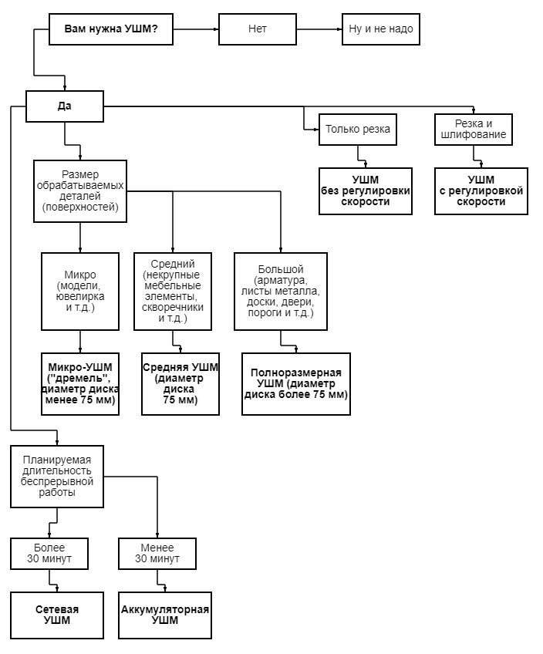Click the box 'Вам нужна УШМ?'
[110, 29]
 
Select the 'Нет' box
[257, 29]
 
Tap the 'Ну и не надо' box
[381, 29]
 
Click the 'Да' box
[64, 106]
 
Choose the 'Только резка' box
[357, 129]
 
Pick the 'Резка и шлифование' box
[473, 129]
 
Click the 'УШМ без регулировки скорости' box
[365, 190]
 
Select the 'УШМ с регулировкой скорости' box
[481, 190]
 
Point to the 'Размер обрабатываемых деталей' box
[79, 190]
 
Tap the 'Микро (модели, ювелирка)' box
[79, 291]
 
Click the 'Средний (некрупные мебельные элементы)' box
[172, 291]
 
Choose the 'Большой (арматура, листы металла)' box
[281, 291]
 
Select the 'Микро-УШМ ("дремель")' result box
[79, 383]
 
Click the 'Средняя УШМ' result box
[180, 383]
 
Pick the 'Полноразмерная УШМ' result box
[295, 383]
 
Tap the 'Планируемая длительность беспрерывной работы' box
[56, 476]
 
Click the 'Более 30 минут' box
[49, 553]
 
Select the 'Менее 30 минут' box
[157, 553]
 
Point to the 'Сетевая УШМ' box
[56, 615]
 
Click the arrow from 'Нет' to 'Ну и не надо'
[318, 29]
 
